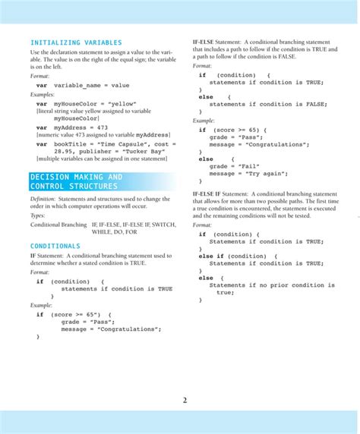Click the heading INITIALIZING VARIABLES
[75, 42]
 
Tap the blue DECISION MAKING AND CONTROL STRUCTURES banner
[75, 181]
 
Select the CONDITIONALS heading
[55, 246]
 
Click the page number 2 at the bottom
[185, 401]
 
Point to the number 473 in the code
[99, 127]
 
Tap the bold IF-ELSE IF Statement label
[222, 194]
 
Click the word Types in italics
[37, 215]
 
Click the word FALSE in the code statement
[312, 104]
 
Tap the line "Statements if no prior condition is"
[265, 285]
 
